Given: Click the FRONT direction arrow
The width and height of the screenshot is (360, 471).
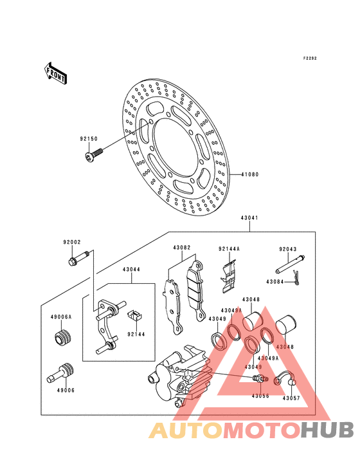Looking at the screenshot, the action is (x=55, y=73).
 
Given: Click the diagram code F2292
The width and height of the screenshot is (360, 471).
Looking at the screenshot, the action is (x=310, y=59).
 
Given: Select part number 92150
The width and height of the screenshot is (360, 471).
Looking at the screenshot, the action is (x=89, y=139).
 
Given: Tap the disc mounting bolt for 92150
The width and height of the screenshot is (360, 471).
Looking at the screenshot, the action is (x=93, y=154).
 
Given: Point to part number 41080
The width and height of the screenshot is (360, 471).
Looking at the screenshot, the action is (x=250, y=174).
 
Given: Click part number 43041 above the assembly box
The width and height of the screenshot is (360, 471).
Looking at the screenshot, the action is (x=249, y=217).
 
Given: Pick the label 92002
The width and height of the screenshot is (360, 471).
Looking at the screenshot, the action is (x=72, y=242).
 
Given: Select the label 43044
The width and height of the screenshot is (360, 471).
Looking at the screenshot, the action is (x=131, y=270).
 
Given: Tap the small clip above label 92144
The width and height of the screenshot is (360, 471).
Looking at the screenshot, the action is (x=135, y=315).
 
